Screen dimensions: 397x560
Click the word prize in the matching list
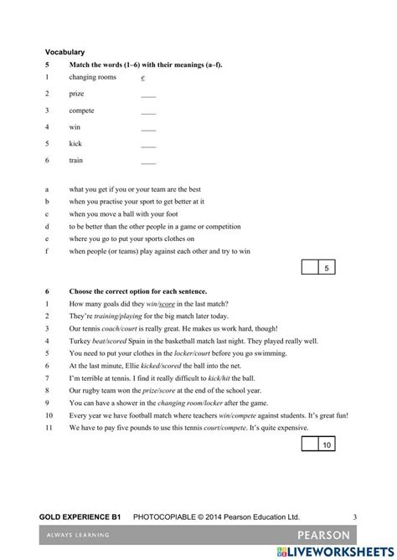[x=77, y=94]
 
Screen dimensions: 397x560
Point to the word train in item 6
[x=76, y=160]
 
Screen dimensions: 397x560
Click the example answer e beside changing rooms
[x=143, y=77]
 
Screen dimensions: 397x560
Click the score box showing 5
[x=327, y=268]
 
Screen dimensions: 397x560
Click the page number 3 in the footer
[x=355, y=518]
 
